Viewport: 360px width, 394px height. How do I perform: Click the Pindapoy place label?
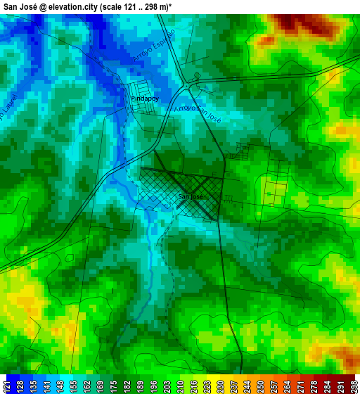(x=146, y=99)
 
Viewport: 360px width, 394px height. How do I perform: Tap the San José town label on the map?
(x=190, y=196)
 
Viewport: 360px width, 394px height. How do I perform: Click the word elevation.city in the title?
(x=75, y=6)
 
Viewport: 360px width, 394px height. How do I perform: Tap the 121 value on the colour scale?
(x=6, y=386)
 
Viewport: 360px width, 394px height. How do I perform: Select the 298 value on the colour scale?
(x=354, y=386)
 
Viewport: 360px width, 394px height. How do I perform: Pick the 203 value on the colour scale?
(x=166, y=386)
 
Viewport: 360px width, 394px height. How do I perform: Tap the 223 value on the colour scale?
(x=205, y=386)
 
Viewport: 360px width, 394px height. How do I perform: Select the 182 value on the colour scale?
(x=127, y=386)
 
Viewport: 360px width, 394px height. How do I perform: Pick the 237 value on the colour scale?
(x=233, y=386)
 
